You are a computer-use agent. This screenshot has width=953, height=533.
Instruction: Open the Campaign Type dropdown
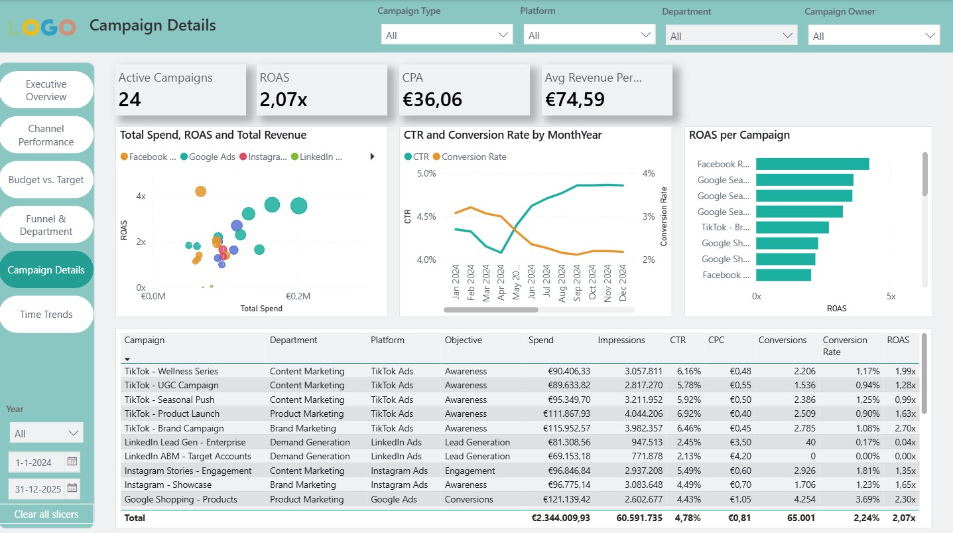click(446, 35)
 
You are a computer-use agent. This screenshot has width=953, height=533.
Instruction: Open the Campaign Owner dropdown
click(873, 36)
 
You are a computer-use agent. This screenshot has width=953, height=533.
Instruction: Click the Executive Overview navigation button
click(46, 90)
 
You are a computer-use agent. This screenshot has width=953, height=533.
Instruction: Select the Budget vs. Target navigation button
click(46, 180)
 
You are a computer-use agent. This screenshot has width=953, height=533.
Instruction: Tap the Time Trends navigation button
click(46, 315)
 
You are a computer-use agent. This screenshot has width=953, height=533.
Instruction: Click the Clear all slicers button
click(46, 514)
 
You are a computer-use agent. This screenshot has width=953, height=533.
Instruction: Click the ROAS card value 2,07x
click(283, 100)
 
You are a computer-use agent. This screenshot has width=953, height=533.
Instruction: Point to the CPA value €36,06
click(432, 100)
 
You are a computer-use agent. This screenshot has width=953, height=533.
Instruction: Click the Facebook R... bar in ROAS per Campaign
click(812, 164)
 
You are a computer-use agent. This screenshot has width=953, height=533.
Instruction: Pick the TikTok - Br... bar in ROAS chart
click(792, 227)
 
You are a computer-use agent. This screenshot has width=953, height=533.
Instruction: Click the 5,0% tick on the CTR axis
click(426, 173)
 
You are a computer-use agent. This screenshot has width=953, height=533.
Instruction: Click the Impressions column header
click(621, 340)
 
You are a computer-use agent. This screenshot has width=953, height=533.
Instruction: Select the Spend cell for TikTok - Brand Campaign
click(559, 428)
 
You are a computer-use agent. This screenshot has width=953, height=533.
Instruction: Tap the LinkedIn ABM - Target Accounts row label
click(188, 457)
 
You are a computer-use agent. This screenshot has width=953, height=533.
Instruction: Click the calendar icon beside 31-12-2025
click(73, 489)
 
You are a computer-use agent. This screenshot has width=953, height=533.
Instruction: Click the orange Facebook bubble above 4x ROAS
click(200, 191)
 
